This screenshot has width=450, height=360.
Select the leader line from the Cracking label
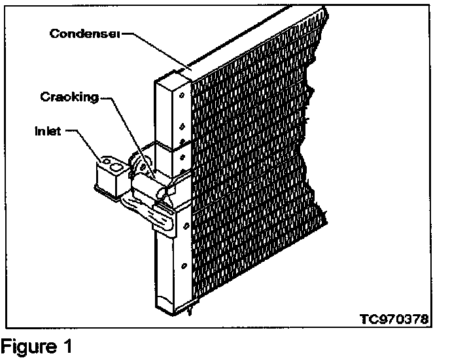click(x=121, y=118)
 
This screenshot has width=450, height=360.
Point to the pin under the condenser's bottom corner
click(x=189, y=312)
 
